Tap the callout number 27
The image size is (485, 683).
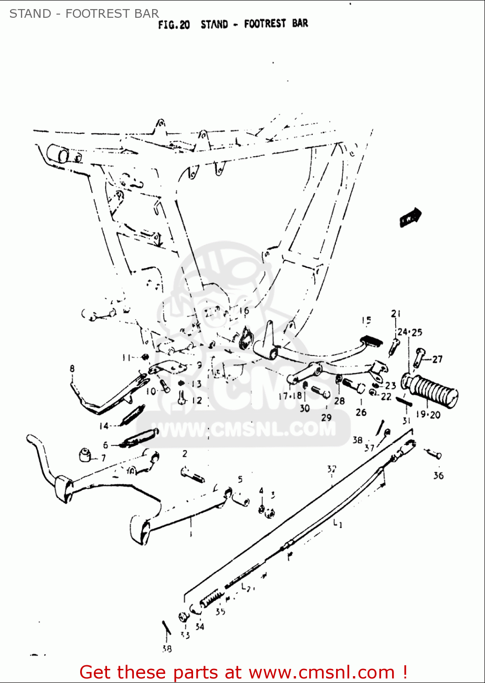pos(437,359)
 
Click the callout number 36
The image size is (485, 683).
pos(438,476)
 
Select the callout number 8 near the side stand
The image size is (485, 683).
pos(72,369)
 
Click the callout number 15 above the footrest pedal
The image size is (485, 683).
pos(367,321)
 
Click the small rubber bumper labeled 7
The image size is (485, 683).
pos(85,454)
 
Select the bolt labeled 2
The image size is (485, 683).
pos(193,474)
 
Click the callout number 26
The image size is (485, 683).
pos(361,413)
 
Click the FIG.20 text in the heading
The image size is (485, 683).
pos(174,25)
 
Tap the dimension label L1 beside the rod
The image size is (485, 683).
pos(337,524)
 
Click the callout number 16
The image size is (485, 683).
pos(244,311)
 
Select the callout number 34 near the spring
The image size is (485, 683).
pos(199,627)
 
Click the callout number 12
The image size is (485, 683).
pos(197,401)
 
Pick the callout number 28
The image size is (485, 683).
pos(339,401)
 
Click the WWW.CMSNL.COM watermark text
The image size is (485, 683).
pos(244,429)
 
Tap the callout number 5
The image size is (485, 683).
pos(240,479)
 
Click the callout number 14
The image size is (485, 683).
pos(104,426)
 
